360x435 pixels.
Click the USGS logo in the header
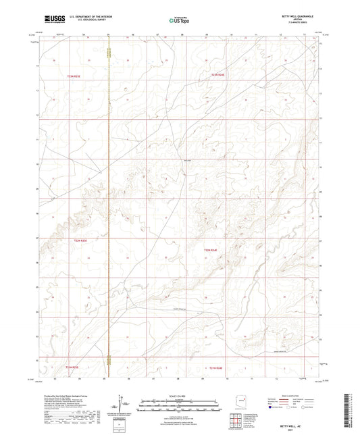tap(53, 20)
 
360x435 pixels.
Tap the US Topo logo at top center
tap(179, 20)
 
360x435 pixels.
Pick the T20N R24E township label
tap(211, 251)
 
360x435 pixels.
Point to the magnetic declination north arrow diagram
tap(122, 403)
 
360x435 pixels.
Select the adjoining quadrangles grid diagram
tap(236, 421)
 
